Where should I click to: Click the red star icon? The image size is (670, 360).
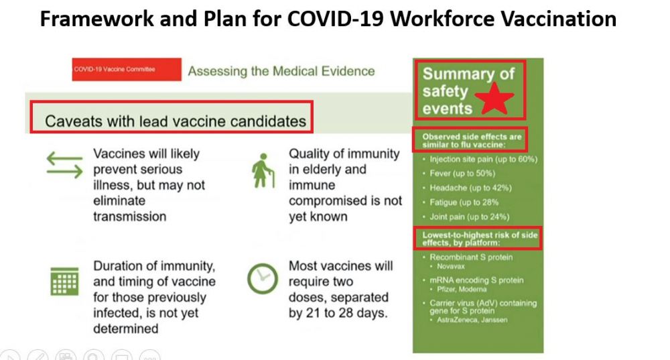[494, 99]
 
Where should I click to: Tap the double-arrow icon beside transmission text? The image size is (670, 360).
[64, 165]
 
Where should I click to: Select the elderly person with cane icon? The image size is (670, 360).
[263, 170]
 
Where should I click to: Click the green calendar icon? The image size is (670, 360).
[64, 282]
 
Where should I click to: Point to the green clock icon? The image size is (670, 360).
[263, 279]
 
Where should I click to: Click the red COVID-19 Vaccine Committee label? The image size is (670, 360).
[127, 69]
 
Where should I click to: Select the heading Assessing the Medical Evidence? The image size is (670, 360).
[281, 71]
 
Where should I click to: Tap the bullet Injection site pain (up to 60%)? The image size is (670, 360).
[483, 160]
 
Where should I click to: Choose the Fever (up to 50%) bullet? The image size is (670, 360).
[462, 174]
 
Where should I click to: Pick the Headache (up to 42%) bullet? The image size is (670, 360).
[470, 188]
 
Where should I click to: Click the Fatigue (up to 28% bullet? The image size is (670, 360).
[464, 202]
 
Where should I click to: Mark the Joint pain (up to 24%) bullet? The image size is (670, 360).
[469, 217]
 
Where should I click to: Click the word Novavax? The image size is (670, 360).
[451, 266]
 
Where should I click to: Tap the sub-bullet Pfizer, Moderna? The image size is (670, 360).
[462, 290]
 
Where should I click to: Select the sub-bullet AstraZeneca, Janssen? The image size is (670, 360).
[472, 320]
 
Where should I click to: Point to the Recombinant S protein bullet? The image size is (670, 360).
[471, 257]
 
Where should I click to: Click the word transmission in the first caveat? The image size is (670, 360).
[129, 217]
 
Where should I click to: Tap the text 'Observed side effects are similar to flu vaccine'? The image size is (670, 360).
[472, 141]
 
